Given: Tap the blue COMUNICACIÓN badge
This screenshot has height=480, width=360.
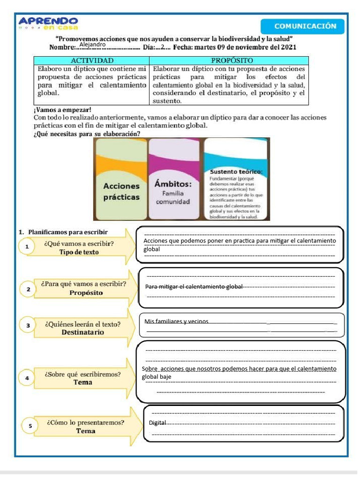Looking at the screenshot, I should pos(305,26).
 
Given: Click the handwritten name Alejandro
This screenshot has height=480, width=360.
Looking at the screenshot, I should pos(92,45).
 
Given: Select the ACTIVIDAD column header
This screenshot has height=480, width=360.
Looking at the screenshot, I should pos(92,61).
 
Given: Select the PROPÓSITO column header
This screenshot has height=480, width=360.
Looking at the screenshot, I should pos(232,61).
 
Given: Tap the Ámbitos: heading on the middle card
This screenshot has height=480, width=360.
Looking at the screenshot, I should pos(173,183).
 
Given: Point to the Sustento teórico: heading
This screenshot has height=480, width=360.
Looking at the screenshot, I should pos(236,172).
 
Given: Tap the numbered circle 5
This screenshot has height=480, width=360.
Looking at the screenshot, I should pos(30,426).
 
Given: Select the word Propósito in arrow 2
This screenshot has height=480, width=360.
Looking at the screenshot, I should pos(86,292).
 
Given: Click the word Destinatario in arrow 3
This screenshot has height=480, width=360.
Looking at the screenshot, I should pos(83,332).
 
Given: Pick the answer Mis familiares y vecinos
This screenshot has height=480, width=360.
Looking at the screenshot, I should pos(176,322).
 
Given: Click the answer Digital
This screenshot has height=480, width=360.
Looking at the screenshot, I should pos(157,423).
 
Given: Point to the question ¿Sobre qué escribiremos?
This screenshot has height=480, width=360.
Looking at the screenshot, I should pos(82,375).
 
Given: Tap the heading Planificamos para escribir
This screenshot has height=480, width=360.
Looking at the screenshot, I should pos(67,232).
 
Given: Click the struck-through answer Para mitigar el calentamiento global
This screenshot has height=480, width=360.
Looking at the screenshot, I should pos(194,286).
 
